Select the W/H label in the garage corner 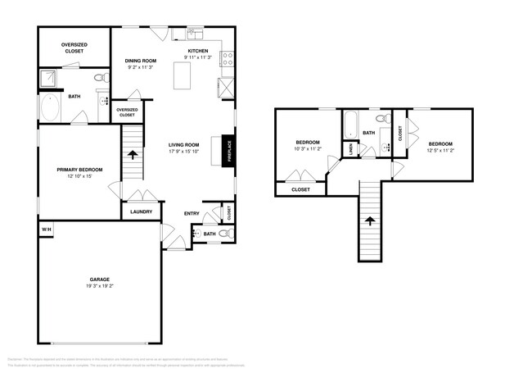(x=45, y=229)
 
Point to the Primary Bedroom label (x=78, y=170)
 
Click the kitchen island (x=182, y=76)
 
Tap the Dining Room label (x=141, y=61)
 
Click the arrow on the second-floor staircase (x=370, y=220)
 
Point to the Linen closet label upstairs (x=350, y=149)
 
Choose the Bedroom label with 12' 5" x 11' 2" (x=440, y=144)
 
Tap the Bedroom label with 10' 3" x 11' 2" (x=307, y=144)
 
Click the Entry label (x=192, y=214)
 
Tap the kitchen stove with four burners (x=226, y=59)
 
